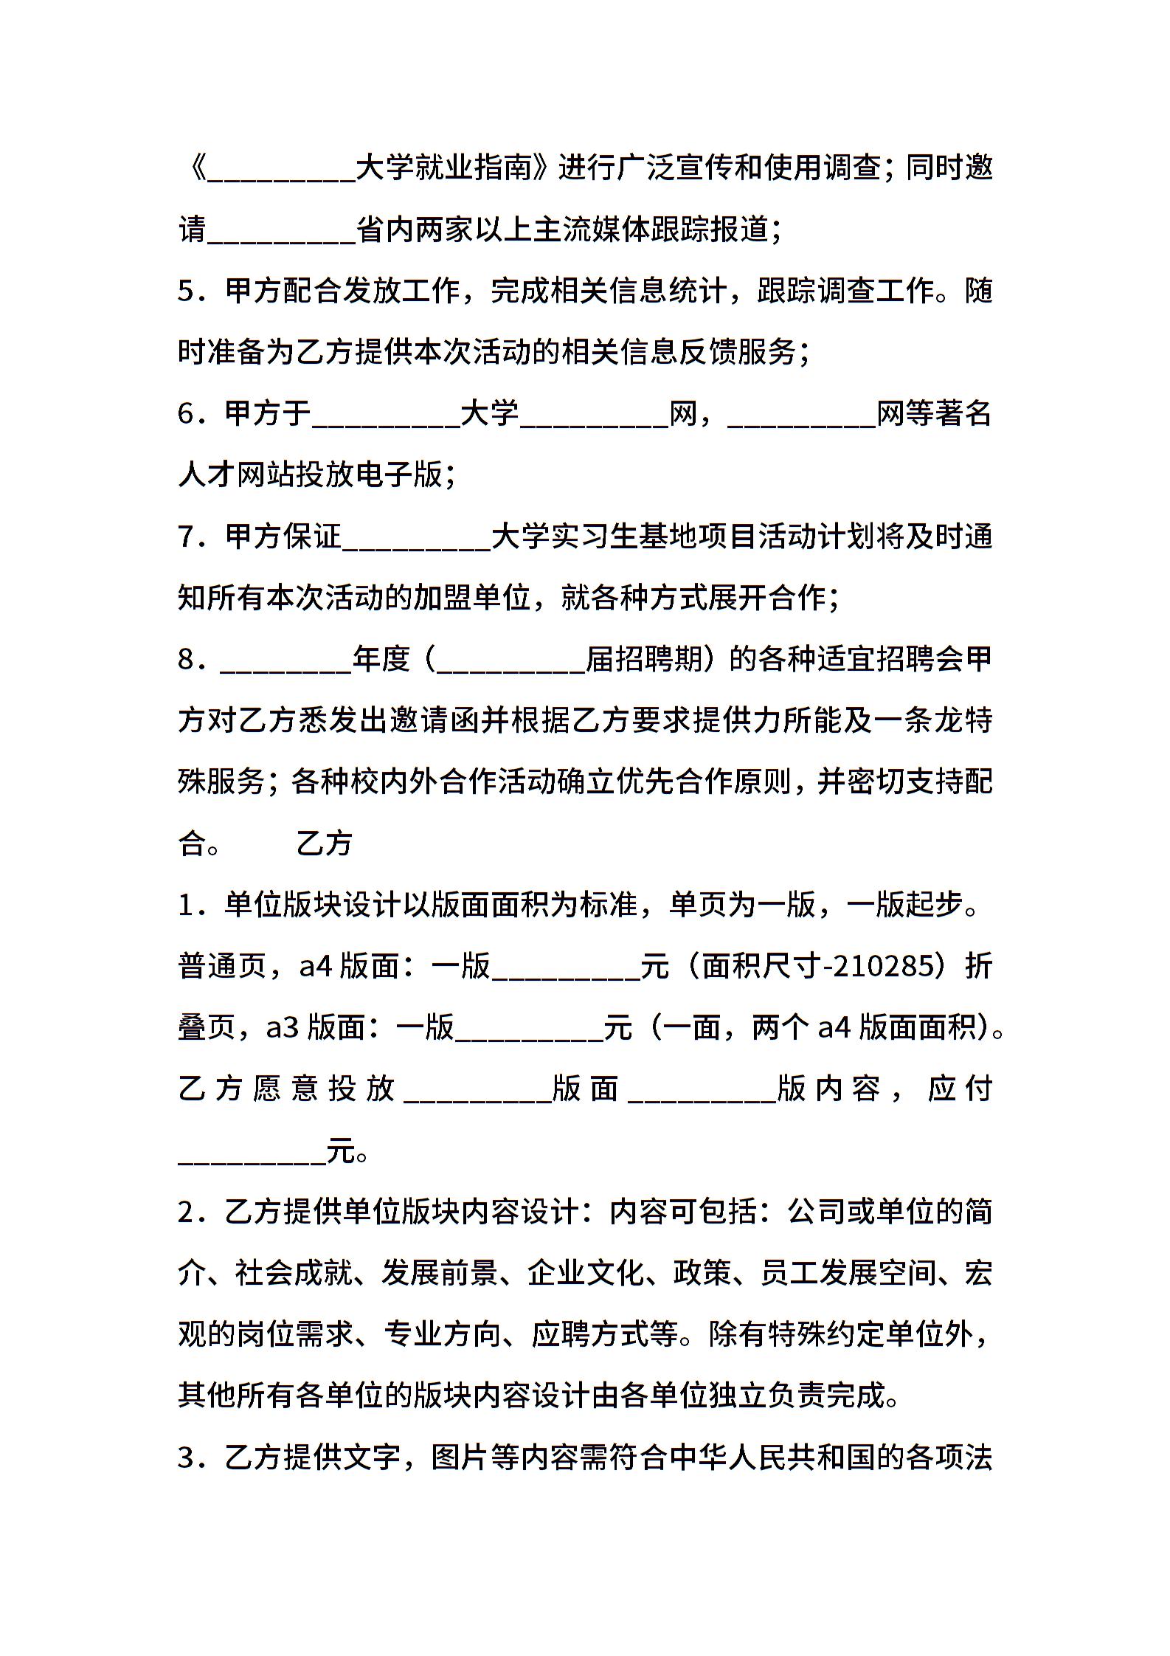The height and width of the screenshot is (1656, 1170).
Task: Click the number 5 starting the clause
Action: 185,291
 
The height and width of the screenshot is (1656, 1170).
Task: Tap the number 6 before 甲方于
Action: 185,414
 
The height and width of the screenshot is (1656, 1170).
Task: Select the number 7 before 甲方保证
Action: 185,537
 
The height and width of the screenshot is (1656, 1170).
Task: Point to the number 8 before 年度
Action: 185,660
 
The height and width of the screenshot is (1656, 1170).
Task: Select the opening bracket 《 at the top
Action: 193,168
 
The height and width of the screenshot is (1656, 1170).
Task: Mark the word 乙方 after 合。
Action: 324,843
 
